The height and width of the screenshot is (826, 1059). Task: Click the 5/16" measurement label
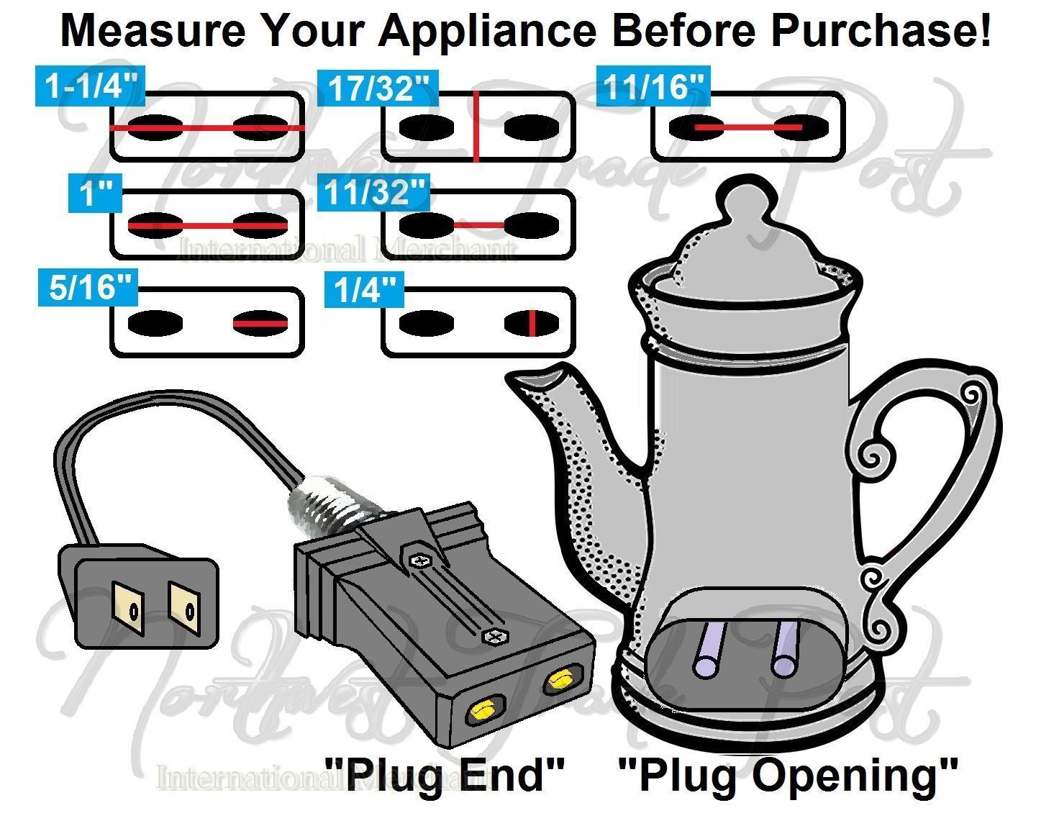[88, 288]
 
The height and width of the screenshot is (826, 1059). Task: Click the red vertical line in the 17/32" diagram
[476, 127]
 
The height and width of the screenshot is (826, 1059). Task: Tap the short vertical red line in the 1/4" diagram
[531, 323]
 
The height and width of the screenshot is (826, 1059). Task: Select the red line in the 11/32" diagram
[478, 225]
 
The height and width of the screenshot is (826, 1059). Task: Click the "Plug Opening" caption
[788, 776]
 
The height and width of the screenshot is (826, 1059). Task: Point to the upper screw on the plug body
[418, 559]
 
